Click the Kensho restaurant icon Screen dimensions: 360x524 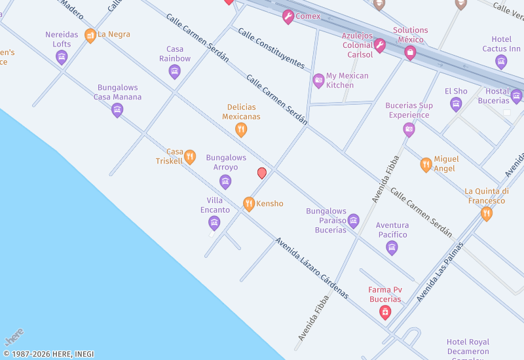click(248, 204)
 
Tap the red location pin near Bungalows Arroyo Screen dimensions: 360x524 click(262, 173)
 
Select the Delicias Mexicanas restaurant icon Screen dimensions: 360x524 click(241, 130)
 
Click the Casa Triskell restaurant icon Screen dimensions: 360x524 click(190, 156)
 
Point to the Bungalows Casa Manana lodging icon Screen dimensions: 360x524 click(117, 109)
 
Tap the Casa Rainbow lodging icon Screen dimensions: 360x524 click(174, 71)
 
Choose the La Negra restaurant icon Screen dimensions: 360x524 click(90, 35)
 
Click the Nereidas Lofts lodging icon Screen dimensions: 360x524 click(62, 58)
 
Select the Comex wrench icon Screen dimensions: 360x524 click(288, 17)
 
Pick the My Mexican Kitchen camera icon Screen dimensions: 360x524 click(318, 81)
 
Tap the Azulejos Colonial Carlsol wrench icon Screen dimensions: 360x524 click(379, 45)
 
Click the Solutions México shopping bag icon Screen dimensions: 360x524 click(410, 52)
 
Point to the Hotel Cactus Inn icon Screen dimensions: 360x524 click(501, 62)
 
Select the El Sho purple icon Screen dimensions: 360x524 click(456, 103)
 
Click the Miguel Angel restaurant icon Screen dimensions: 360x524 click(426, 164)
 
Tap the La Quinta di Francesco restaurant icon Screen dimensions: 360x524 click(486, 213)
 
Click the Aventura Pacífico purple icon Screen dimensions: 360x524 click(392, 247)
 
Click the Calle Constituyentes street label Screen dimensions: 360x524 click(271, 48)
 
